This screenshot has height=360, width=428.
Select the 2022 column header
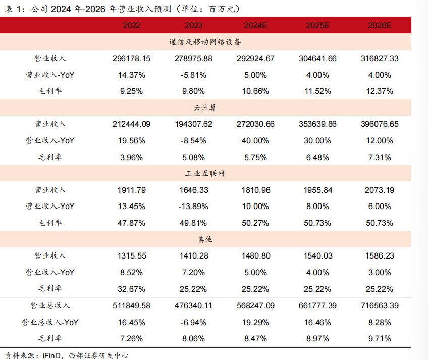pos(131,25)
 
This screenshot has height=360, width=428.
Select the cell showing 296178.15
pos(131,59)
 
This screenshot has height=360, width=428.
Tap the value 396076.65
pos(380,124)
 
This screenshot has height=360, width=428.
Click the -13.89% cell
pos(194,207)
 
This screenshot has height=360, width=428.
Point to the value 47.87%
pos(131,223)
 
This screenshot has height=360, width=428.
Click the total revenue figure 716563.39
pos(380,305)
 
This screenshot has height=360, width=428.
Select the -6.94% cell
pos(194,322)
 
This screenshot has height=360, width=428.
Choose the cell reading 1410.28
pos(194,256)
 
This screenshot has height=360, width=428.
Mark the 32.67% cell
pos(131,289)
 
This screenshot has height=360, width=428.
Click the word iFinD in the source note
pos(51,355)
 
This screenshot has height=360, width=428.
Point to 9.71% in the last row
pos(380,338)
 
